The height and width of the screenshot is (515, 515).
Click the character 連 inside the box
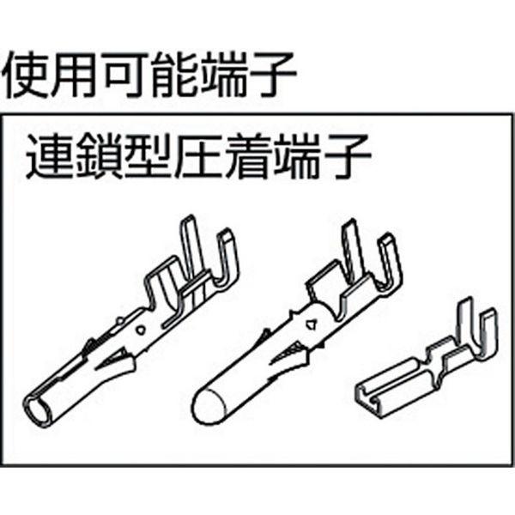49,158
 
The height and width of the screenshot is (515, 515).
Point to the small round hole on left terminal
142,329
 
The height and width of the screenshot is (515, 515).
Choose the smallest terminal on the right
425,360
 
